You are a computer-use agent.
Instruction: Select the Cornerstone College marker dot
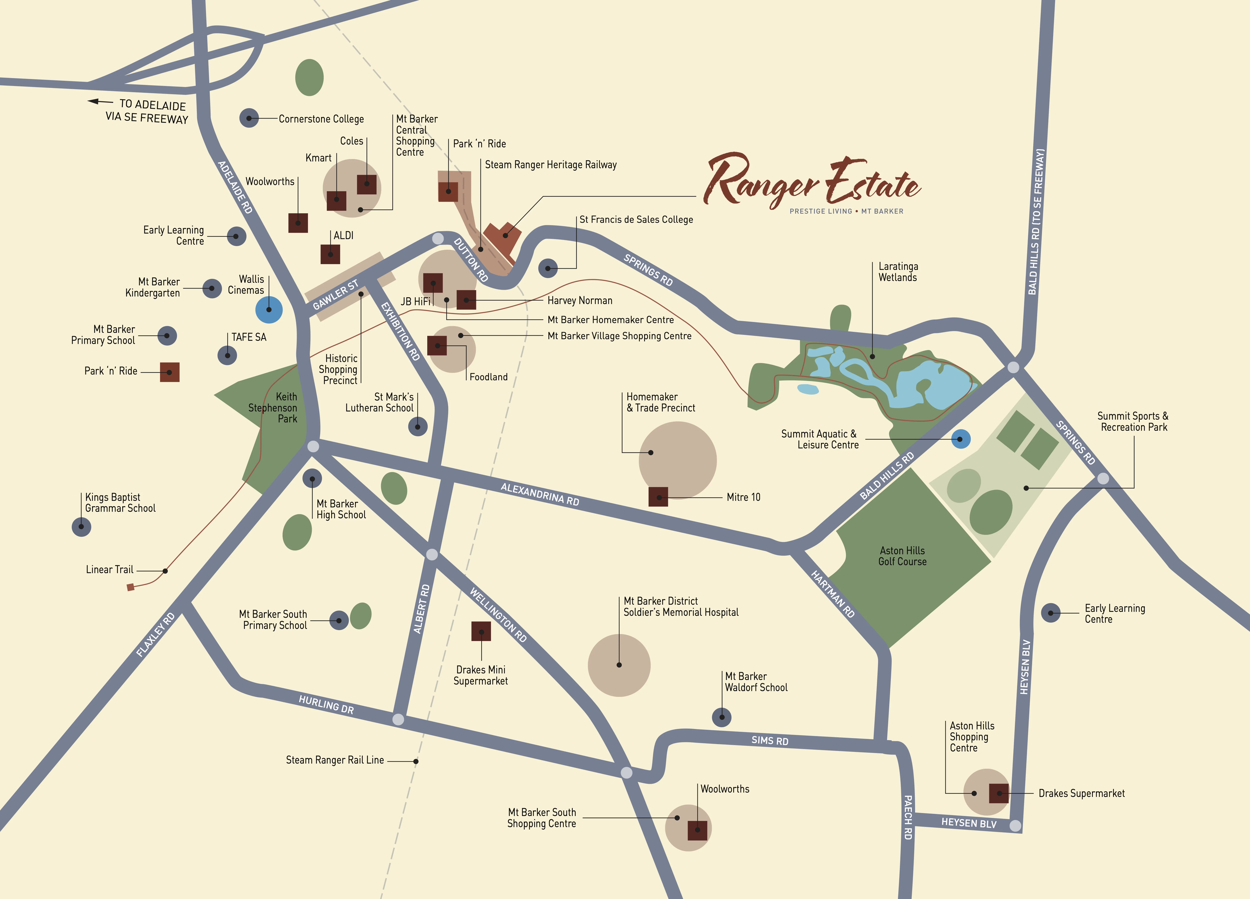click(249, 118)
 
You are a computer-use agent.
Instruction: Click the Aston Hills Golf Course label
click(902, 556)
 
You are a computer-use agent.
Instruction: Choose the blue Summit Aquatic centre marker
click(961, 439)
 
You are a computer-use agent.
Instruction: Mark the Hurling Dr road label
click(326, 704)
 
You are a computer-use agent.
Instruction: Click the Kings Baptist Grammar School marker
click(82, 527)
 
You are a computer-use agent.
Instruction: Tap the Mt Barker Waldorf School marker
click(722, 717)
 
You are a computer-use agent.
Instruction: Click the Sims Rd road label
click(770, 741)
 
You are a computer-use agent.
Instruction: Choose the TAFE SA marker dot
click(227, 355)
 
